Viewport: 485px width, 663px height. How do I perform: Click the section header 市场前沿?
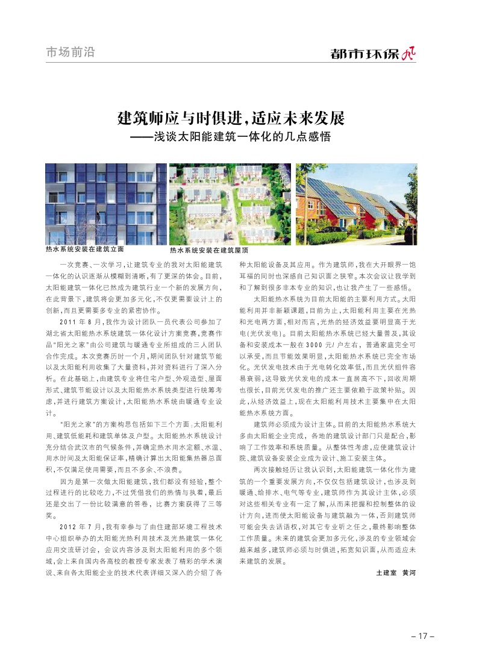pos(70,52)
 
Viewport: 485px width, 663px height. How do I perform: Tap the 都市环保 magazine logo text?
pos(365,54)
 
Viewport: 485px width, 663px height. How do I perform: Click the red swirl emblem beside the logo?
pos(409,54)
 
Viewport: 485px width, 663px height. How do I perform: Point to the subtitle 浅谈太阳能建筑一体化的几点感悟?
pos(240,137)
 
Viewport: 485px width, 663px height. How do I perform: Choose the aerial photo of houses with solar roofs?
pos(230,204)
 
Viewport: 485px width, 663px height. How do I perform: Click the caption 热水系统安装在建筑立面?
pos(85,248)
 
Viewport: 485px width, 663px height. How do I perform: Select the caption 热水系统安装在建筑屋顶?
pos(209,250)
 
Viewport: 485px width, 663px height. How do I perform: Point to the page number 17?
pos(422,636)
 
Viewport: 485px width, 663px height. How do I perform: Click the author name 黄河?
pos(409,572)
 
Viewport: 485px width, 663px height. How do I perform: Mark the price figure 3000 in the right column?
pos(316,344)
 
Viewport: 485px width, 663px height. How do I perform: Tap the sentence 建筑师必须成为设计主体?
pos(294,424)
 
